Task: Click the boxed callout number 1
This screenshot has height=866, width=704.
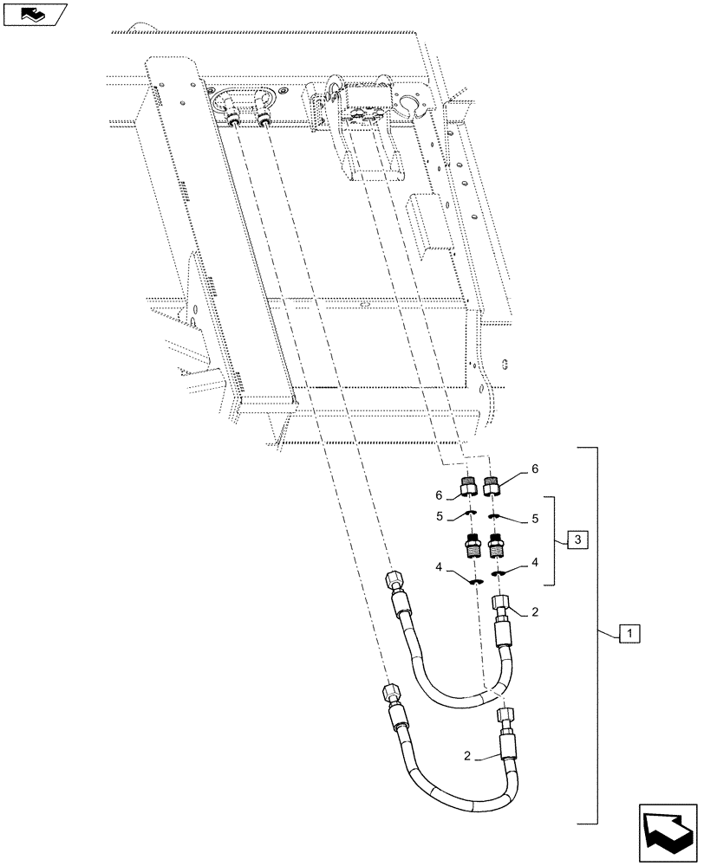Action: click(629, 634)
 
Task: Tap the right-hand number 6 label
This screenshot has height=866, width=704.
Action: click(535, 469)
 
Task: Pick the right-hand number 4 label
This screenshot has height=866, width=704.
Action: click(534, 563)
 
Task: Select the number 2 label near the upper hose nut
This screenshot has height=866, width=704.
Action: click(536, 611)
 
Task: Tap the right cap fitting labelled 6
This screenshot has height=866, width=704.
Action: click(493, 487)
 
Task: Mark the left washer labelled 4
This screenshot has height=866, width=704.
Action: click(473, 582)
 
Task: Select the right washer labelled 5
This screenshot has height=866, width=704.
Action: click(494, 518)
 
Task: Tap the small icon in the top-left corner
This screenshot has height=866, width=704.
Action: click(34, 13)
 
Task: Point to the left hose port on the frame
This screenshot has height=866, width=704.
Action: click(236, 120)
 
